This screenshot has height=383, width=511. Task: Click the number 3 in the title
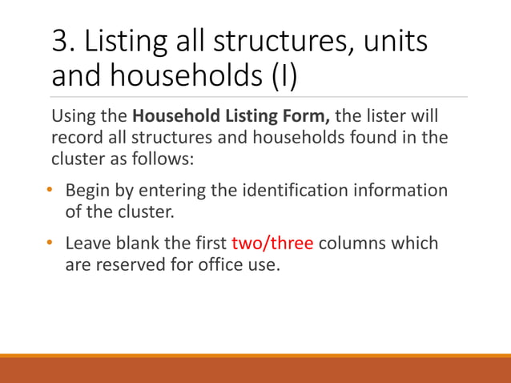(x=59, y=42)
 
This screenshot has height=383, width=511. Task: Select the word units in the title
(x=396, y=42)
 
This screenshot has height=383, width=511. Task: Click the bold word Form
(x=308, y=117)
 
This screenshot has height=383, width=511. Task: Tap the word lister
(x=384, y=117)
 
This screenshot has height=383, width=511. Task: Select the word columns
(x=351, y=243)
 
